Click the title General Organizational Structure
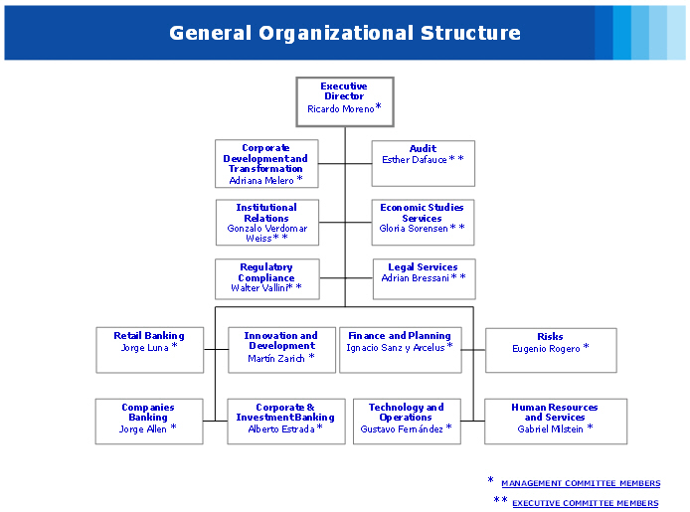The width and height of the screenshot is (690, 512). click(344, 33)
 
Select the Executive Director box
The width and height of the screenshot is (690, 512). click(345, 101)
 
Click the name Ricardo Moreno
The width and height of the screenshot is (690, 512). click(340, 109)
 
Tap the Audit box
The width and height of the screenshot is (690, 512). click(423, 164)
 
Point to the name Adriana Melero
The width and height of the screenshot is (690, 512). click(261, 181)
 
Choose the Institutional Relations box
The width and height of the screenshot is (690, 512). click(266, 223)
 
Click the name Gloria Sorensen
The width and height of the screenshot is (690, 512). click(414, 229)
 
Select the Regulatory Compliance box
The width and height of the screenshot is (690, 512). click(266, 279)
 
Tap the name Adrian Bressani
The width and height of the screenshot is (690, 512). click(416, 278)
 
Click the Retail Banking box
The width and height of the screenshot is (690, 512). click(149, 350)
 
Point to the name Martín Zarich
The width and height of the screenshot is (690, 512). click(275, 358)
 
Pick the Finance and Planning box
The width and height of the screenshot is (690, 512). click(400, 350)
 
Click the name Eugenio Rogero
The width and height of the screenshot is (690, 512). click(546, 349)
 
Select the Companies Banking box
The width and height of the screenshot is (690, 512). click(148, 422)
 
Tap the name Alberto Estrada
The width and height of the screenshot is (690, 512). click(281, 428)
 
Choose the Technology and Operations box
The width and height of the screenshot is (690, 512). click(406, 422)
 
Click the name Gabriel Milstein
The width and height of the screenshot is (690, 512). click(551, 428)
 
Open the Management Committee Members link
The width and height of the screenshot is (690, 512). click(580, 483)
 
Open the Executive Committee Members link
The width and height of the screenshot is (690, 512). click(585, 503)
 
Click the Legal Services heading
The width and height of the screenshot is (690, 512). click(423, 266)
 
